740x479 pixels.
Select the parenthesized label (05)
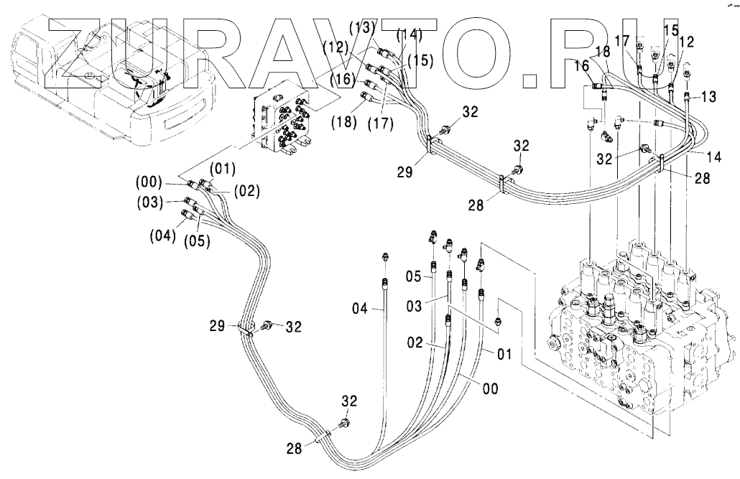(195, 242)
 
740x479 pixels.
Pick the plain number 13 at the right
(708, 96)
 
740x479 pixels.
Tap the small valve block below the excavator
(286, 122)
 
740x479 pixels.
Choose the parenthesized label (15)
(422, 62)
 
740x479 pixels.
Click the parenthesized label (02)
(246, 191)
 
